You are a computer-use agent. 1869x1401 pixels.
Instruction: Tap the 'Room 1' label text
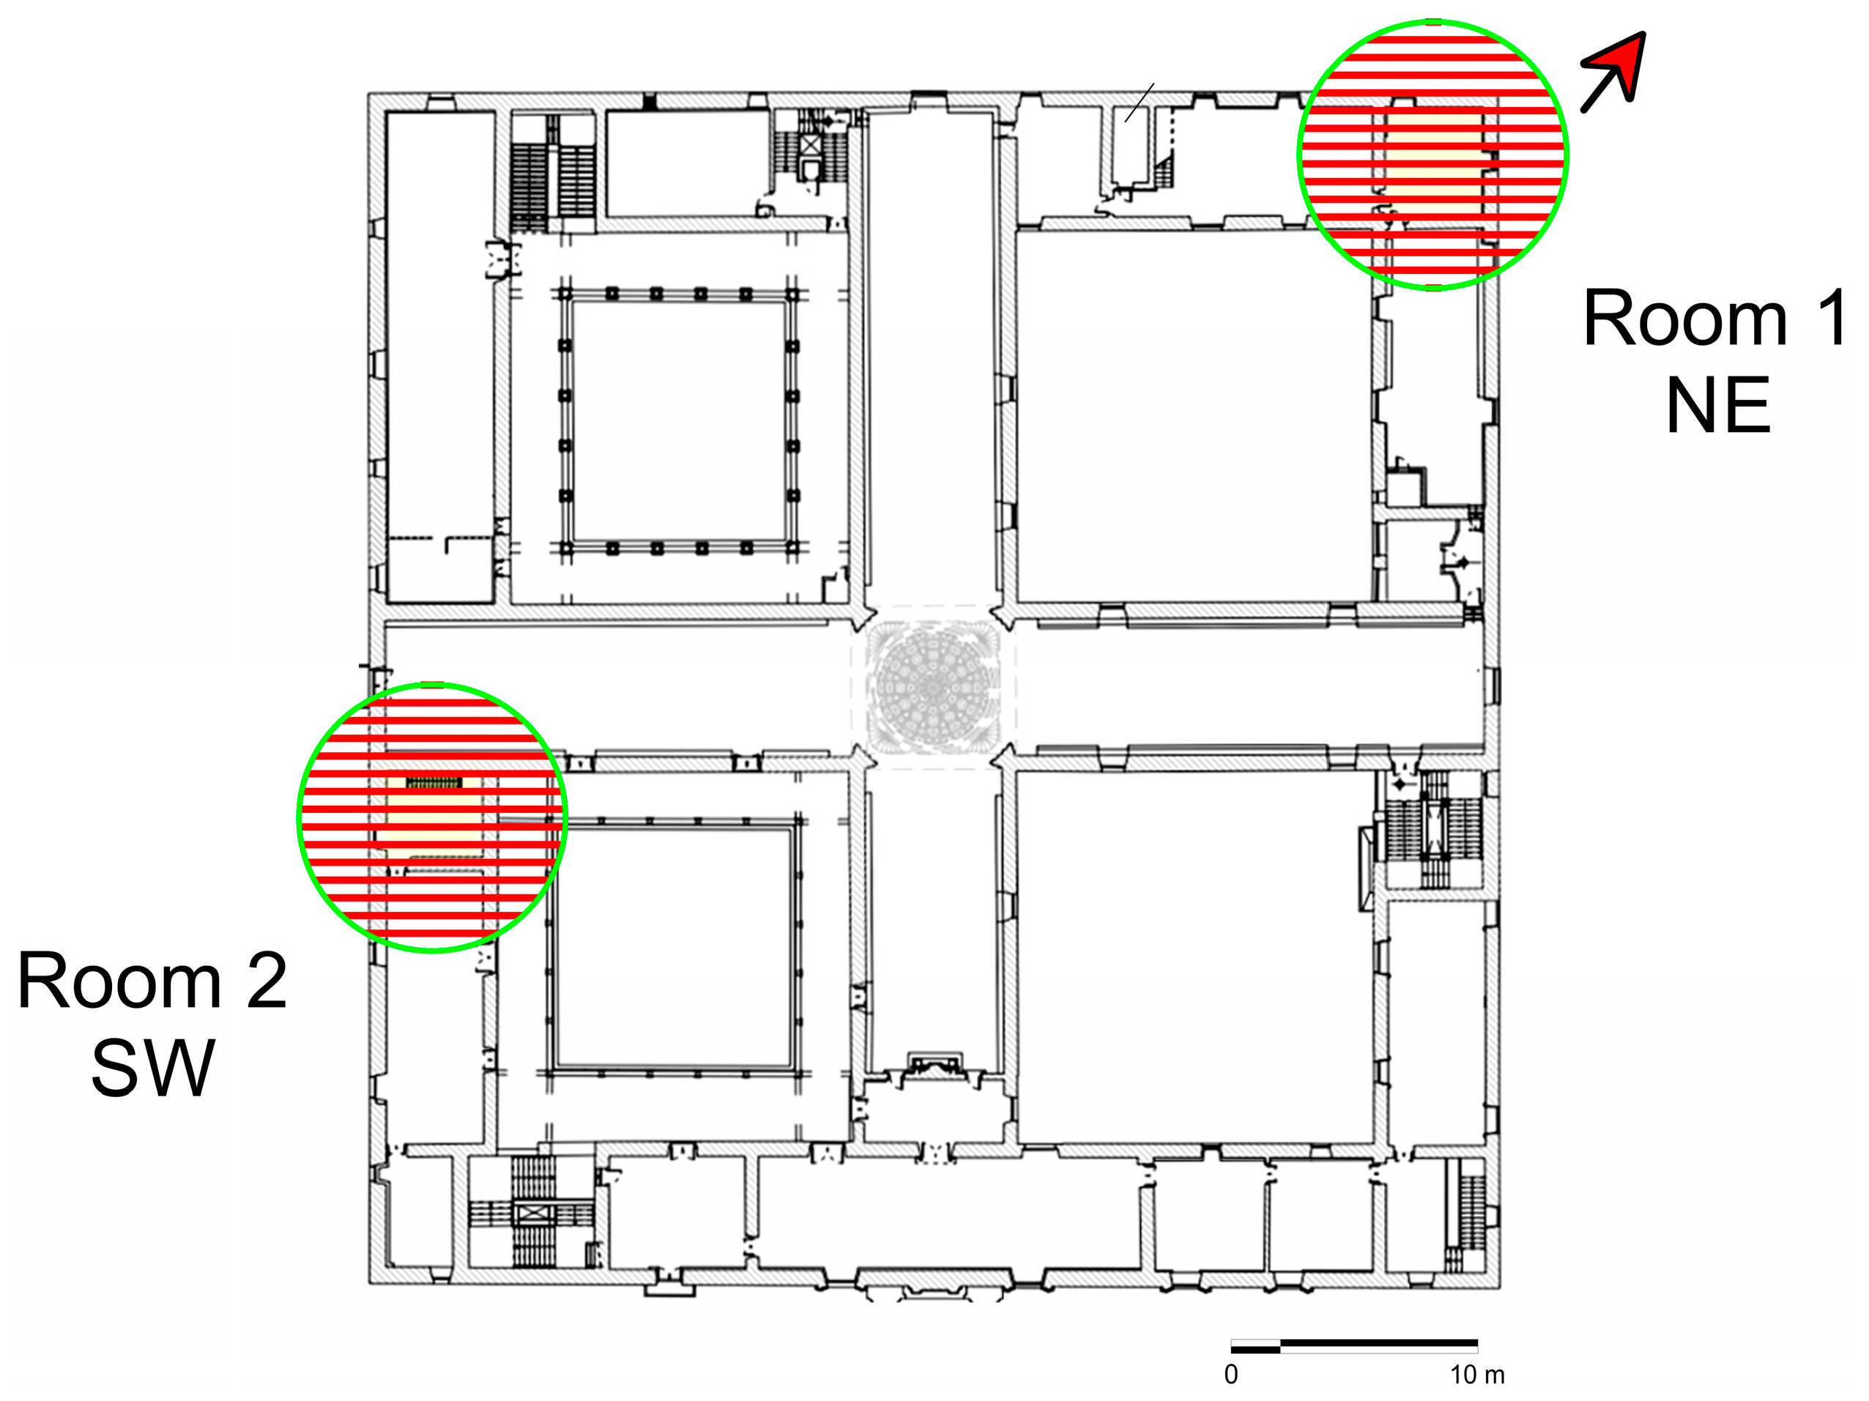click(1713, 319)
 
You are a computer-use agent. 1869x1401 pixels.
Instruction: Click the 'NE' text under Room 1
click(1717, 406)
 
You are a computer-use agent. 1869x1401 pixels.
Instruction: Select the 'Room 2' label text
click(152, 980)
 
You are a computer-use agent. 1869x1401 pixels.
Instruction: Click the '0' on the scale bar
click(1231, 1375)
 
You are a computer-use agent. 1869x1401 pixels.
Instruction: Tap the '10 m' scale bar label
click(1477, 1375)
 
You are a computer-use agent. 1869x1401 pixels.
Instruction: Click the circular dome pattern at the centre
click(932, 686)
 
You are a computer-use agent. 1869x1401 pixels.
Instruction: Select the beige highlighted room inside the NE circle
click(1433, 160)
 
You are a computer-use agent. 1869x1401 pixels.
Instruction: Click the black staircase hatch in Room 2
click(434, 784)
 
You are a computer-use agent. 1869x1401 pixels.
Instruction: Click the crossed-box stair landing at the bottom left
click(532, 1214)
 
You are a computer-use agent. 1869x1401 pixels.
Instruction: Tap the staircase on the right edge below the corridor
click(1434, 829)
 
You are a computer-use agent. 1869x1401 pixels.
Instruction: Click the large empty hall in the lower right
click(1195, 955)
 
